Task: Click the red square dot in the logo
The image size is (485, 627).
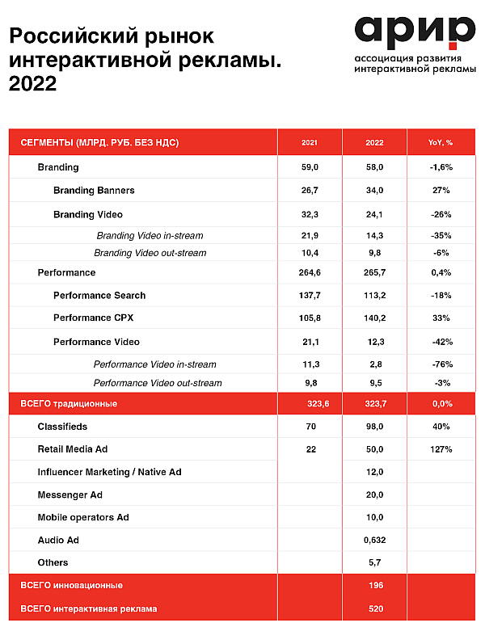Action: pos(453,46)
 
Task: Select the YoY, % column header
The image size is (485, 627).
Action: pos(441,142)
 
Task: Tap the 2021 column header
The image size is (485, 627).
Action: pos(310,142)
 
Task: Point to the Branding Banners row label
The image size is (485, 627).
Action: pos(94,191)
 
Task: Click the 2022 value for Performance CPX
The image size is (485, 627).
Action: pos(374,318)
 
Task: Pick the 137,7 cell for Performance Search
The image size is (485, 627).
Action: pos(310,296)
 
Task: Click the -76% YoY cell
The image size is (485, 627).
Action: pos(442,364)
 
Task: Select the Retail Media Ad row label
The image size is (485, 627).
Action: pos(73,449)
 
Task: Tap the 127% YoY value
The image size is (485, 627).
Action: pos(441,449)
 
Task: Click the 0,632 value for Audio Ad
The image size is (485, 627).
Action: pos(374,541)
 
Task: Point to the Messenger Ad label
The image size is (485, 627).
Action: pos(70,495)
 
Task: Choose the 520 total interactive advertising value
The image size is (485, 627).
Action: pos(376,608)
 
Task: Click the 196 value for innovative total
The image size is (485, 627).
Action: pos(376,586)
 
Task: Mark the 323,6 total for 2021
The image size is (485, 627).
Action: pos(318,404)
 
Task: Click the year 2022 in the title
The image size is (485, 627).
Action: pos(33,83)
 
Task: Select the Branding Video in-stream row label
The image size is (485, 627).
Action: pos(150,235)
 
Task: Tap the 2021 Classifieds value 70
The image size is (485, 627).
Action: pos(311,427)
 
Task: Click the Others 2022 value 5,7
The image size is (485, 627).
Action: pos(374,562)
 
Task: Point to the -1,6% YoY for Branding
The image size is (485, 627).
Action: pos(441,167)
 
